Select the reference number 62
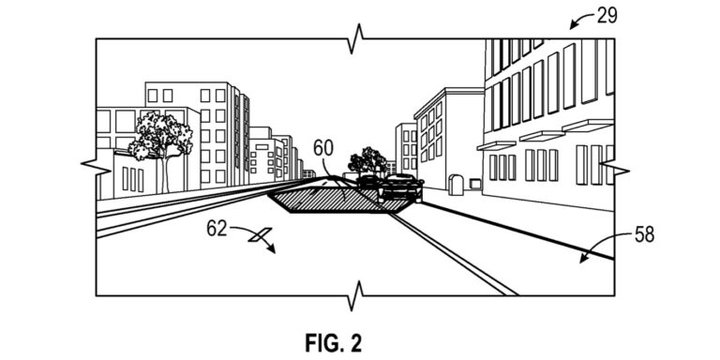217,228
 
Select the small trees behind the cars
367,160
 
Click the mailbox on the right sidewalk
457,185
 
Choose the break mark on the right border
613,166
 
